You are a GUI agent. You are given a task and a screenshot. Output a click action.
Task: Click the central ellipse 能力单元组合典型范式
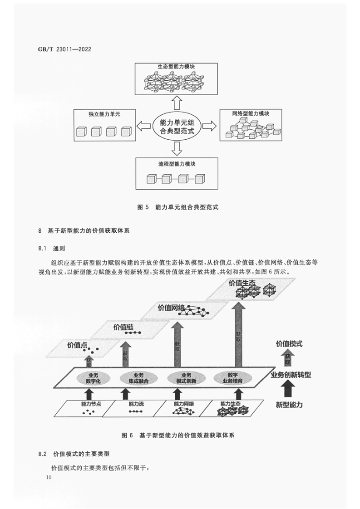pyautogui.click(x=177, y=127)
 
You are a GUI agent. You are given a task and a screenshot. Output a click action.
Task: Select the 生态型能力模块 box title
pyautogui.click(x=176, y=67)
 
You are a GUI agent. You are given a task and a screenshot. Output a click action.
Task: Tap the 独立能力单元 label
pyautogui.click(x=104, y=114)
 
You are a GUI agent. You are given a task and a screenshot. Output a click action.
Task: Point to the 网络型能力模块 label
pyautogui.click(x=251, y=113)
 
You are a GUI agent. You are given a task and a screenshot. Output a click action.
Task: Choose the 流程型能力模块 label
pyautogui.click(x=177, y=164)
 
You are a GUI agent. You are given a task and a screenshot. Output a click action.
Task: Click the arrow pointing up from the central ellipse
pyautogui.click(x=177, y=103)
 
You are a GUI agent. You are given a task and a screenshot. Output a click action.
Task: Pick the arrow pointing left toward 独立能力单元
pyautogui.click(x=144, y=126)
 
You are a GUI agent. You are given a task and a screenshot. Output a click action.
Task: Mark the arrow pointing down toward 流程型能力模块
pyautogui.click(x=177, y=149)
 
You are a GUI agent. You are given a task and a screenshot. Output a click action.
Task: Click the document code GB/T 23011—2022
pyautogui.click(x=64, y=49)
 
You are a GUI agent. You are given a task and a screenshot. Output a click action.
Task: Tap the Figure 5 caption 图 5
pyautogui.click(x=143, y=207)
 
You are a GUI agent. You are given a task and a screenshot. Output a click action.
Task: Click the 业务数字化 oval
pyautogui.click(x=93, y=378)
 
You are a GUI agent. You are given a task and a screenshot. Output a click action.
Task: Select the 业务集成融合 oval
pyautogui.click(x=139, y=378)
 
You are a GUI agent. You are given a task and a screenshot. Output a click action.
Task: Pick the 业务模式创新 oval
pyautogui.click(x=186, y=378)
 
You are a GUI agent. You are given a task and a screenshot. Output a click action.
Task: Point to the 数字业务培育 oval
pyautogui.click(x=232, y=378)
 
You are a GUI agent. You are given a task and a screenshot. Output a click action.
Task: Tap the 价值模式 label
pyautogui.click(x=289, y=344)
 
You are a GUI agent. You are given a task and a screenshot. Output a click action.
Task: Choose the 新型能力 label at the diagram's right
pyautogui.click(x=289, y=405)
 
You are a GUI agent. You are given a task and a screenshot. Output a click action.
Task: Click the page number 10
pyautogui.click(x=49, y=477)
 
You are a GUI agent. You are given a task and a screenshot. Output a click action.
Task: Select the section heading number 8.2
pyautogui.click(x=43, y=454)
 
